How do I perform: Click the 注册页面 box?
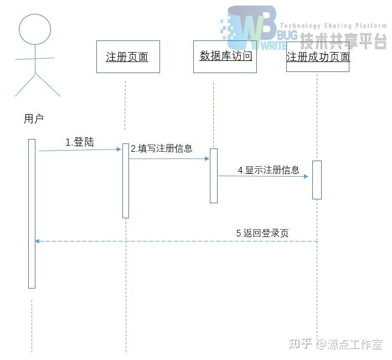point(128,56)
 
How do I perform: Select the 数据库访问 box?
point(225,56)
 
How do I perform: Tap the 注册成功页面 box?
point(318,57)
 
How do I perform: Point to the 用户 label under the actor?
point(33,118)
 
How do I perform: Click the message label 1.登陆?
point(80,142)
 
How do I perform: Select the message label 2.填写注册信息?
point(162,148)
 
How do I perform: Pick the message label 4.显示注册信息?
point(269,170)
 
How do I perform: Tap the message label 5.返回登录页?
point(262,233)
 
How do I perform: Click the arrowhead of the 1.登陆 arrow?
point(119,149)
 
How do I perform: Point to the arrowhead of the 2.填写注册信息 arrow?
point(207,159)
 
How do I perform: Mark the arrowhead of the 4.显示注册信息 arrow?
point(305,177)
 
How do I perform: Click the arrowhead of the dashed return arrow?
point(37,241)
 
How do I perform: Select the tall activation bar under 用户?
point(32,213)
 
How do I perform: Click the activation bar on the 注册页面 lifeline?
point(126,181)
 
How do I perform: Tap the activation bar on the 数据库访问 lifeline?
point(214,176)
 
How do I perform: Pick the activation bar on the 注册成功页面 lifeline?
point(317,180)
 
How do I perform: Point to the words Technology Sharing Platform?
point(333,25)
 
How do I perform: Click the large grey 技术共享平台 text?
point(343,40)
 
